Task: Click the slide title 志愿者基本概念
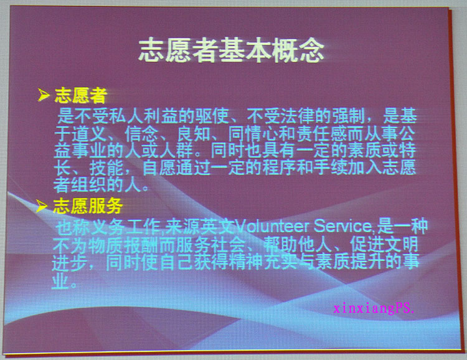click(231, 50)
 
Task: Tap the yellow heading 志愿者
click(81, 95)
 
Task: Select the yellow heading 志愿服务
click(88, 206)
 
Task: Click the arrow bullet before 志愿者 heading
click(44, 95)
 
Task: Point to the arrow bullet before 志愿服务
click(42, 206)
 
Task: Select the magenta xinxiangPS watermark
click(374, 308)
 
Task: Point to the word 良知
click(194, 134)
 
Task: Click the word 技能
click(106, 168)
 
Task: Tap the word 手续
click(331, 168)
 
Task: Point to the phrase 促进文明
click(384, 244)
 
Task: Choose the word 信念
click(142, 134)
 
